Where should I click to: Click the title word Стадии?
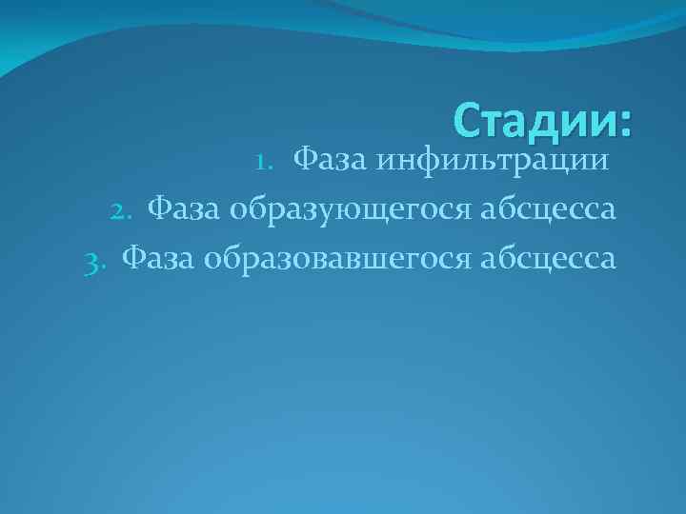pyautogui.click(x=534, y=121)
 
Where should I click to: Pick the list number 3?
pyautogui.click(x=92, y=259)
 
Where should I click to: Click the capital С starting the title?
pyautogui.click(x=467, y=121)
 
